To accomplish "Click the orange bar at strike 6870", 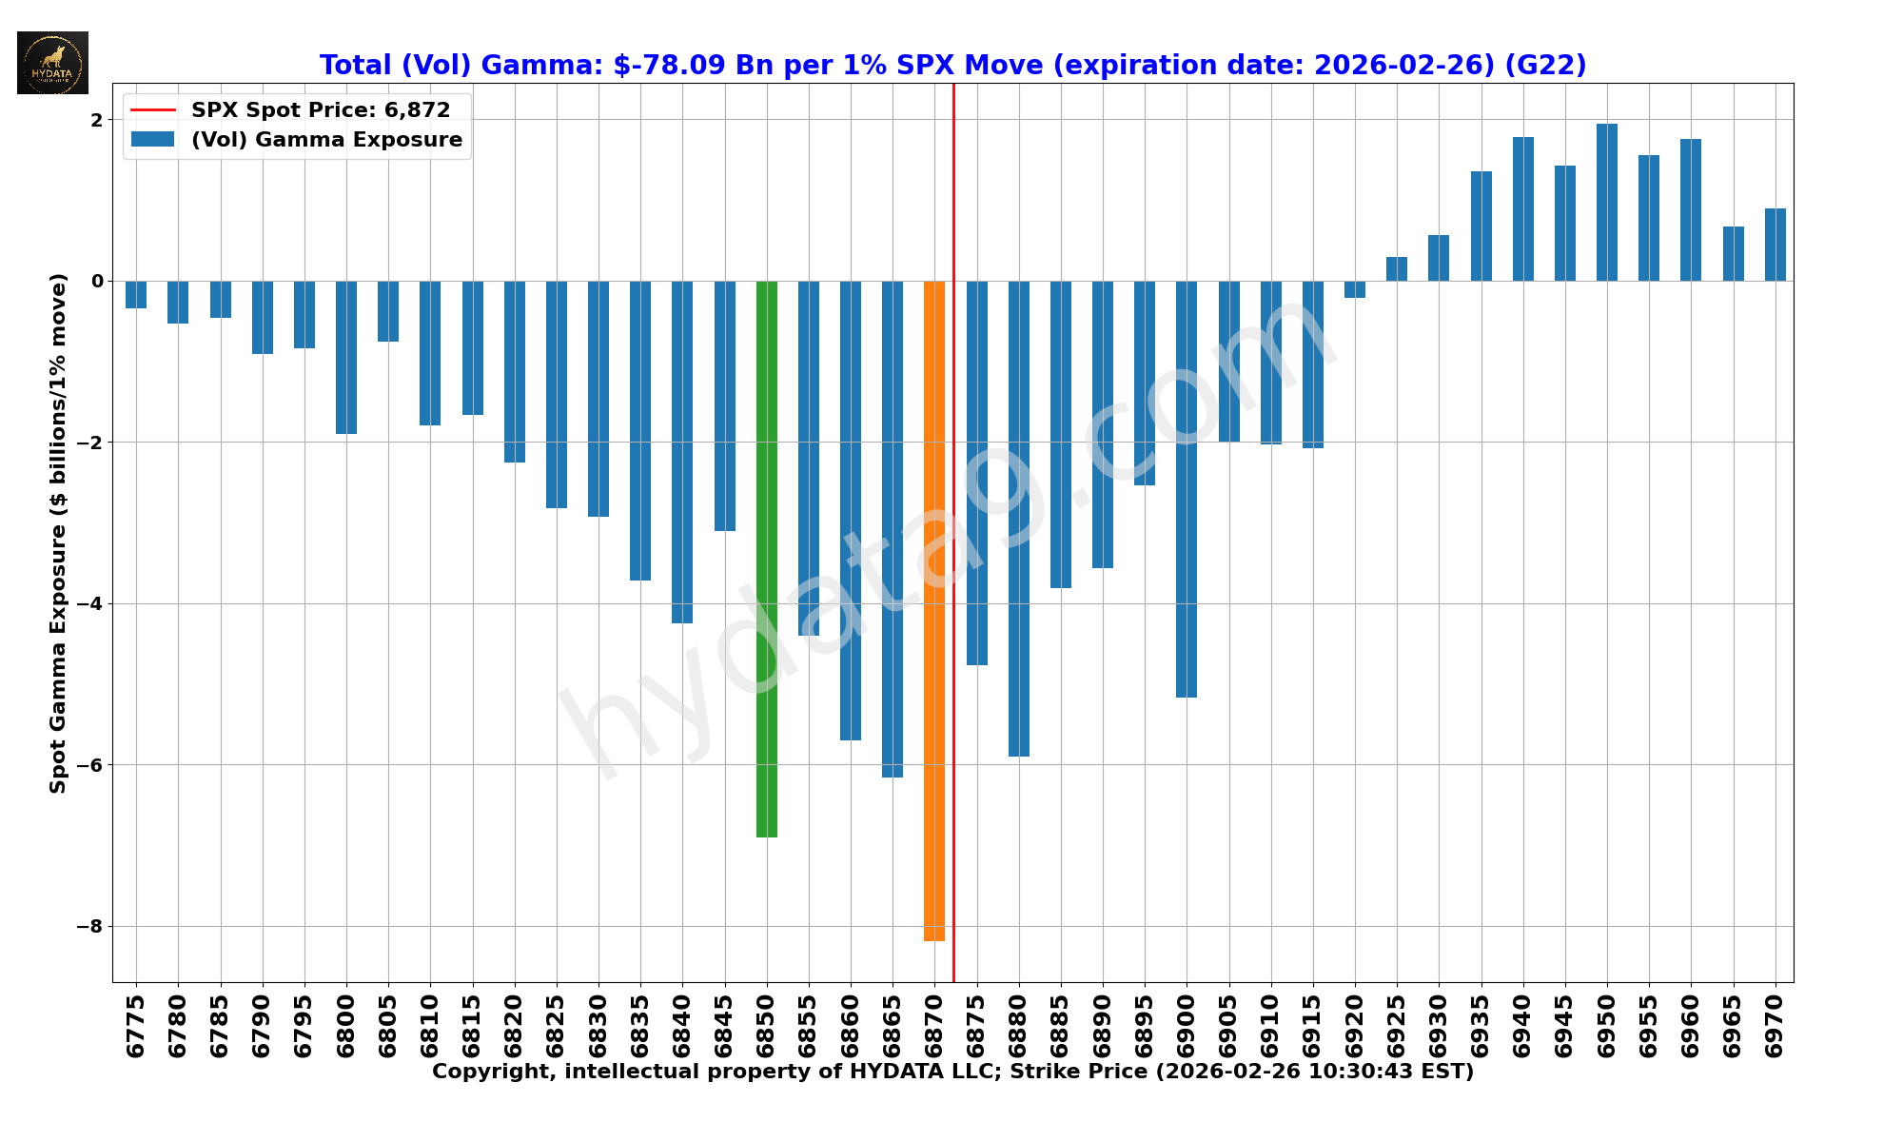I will tap(933, 609).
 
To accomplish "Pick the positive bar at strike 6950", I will tap(1606, 203).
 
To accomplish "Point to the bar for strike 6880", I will tap(1018, 519).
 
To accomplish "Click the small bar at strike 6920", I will tap(1354, 289).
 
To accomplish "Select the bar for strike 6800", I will tap(346, 357).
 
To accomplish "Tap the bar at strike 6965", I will tap(1733, 254).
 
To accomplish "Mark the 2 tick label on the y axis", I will tap(96, 120).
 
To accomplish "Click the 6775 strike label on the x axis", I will tap(136, 1026).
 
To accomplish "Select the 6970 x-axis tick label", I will tap(1775, 1026).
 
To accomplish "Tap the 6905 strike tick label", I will tap(1228, 1026).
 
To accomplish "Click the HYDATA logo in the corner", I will tap(52, 63).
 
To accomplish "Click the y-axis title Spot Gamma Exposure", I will tap(59, 533).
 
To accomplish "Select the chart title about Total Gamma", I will tap(952, 66).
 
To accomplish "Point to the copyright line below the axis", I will tap(952, 1072).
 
